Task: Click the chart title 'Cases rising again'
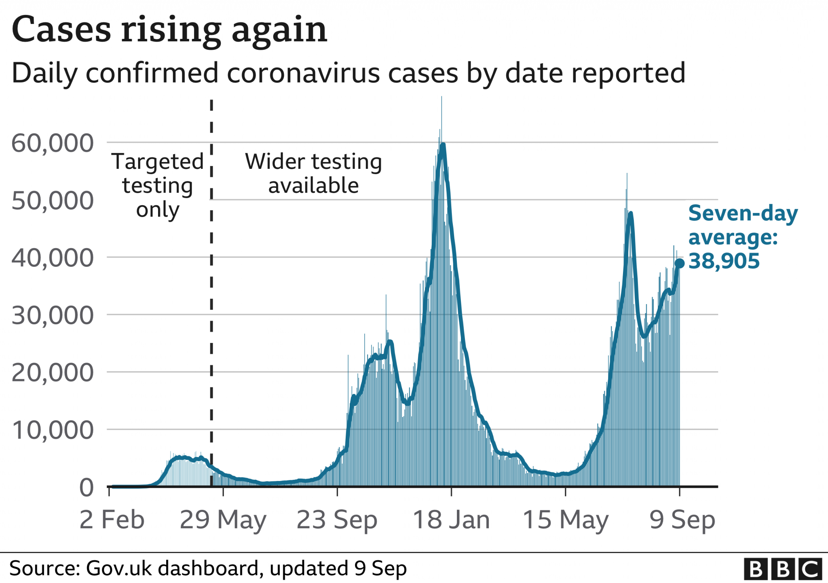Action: pyautogui.click(x=169, y=30)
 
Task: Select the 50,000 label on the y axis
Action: pyautogui.click(x=53, y=200)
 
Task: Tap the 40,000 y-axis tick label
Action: pyautogui.click(x=53, y=258)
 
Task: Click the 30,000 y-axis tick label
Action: pyautogui.click(x=53, y=315)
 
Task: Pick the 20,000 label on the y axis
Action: pyautogui.click(x=53, y=373)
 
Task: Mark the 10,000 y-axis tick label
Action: pyautogui.click(x=53, y=430)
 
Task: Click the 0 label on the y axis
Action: pyautogui.click(x=87, y=487)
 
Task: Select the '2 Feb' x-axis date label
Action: pyautogui.click(x=112, y=520)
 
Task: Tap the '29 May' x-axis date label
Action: pyautogui.click(x=223, y=520)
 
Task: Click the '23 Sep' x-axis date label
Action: pyautogui.click(x=337, y=520)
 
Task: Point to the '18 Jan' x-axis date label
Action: pyautogui.click(x=451, y=520)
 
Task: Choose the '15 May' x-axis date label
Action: pyautogui.click(x=565, y=520)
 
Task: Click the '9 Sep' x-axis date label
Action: pyautogui.click(x=682, y=520)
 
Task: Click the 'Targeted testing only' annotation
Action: pyautogui.click(x=158, y=185)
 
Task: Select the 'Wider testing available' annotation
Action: pyautogui.click(x=313, y=173)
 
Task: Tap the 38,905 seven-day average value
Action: pyautogui.click(x=724, y=261)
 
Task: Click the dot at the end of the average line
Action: pyautogui.click(x=680, y=264)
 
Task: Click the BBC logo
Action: pyautogui.click(x=783, y=569)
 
